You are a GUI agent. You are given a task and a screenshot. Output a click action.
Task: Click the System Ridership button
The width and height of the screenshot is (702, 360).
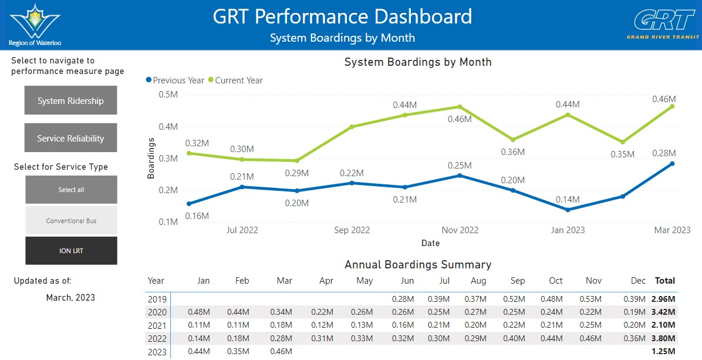click(71, 100)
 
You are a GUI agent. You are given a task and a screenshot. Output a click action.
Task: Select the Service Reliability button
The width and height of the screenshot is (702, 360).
click(71, 138)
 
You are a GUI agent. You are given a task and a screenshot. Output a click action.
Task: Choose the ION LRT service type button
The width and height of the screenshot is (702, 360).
click(71, 251)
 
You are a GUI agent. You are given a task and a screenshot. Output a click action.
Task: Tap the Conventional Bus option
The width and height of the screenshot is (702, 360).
click(71, 220)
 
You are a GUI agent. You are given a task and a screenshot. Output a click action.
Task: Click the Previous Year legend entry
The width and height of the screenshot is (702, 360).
click(175, 80)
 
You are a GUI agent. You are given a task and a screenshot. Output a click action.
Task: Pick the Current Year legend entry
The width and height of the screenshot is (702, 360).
click(235, 80)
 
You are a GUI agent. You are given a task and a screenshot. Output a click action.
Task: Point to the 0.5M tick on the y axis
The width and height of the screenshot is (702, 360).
click(168, 95)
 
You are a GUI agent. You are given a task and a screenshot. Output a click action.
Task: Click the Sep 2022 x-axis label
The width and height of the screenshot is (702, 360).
click(352, 230)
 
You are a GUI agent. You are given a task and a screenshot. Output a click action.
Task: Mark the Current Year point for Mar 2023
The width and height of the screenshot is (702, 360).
click(672, 106)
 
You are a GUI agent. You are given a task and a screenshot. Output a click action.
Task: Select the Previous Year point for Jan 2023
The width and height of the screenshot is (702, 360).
click(568, 210)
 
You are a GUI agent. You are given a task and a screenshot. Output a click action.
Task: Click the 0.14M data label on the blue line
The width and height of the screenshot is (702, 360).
click(568, 200)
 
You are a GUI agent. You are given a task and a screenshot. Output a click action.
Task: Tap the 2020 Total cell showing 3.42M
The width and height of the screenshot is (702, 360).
click(663, 312)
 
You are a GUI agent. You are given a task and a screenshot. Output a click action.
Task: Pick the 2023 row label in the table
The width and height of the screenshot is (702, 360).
click(157, 352)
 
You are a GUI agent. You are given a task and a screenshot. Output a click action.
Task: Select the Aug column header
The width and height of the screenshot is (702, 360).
click(478, 281)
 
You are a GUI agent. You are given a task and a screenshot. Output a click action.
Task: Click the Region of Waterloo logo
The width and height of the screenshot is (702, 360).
click(35, 25)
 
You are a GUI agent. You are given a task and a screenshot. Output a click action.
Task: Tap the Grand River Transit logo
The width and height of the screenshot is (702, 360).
click(663, 25)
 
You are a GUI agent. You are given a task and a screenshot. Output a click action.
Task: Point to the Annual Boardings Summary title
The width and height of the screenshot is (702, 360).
click(418, 265)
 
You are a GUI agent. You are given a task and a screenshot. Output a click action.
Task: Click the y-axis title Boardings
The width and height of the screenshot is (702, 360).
click(151, 158)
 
